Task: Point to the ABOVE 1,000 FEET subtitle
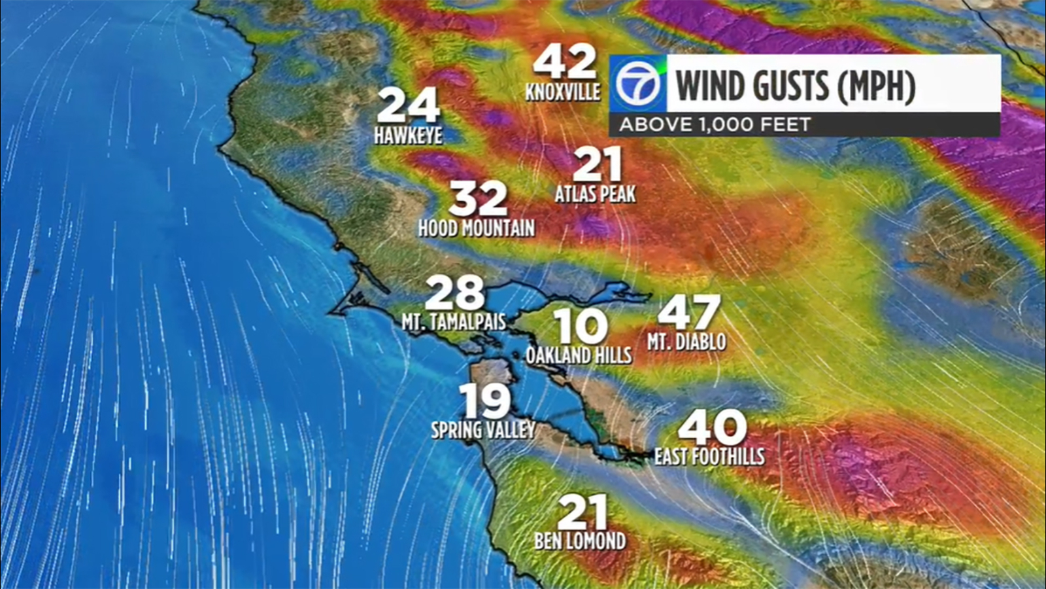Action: click(x=715, y=124)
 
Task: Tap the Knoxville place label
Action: click(x=563, y=92)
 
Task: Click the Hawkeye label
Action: click(x=408, y=135)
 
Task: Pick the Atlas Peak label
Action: click(x=595, y=194)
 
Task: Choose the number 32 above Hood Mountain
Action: click(x=479, y=199)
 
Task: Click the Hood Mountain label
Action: click(x=477, y=228)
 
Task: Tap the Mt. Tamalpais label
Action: click(x=454, y=322)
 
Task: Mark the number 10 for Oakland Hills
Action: click(x=580, y=326)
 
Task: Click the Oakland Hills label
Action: click(x=579, y=355)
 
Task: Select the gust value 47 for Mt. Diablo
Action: click(x=688, y=312)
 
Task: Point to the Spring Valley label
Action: click(x=483, y=430)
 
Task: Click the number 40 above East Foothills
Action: click(x=712, y=427)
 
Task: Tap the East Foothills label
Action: click(x=709, y=456)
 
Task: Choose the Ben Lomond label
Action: click(x=580, y=541)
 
